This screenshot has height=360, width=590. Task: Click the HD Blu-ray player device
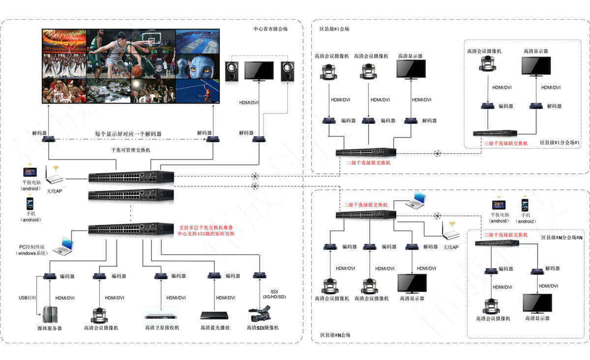(215, 316)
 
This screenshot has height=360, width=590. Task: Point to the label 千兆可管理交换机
(131, 150)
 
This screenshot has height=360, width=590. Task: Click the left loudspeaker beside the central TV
(233, 72)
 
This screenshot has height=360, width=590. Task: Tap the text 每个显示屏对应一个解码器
(128, 133)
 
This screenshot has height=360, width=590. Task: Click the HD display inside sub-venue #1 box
(536, 66)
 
